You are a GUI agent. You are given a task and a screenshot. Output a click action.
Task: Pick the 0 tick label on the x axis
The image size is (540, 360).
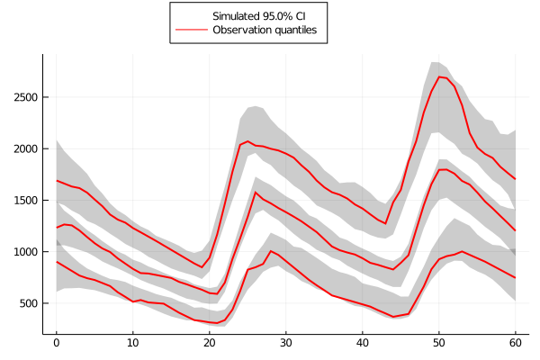pos(56,343)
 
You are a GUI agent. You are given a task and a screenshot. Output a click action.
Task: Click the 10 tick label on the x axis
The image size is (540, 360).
pos(132,343)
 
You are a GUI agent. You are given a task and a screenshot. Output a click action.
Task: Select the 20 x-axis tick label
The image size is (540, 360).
pos(209,343)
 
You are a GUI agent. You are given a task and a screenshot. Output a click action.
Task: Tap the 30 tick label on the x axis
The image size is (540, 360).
pos(285,343)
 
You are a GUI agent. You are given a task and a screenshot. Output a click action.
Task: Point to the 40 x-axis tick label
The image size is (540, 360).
pos(362,343)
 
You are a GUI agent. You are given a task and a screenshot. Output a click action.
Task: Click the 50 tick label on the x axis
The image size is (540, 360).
pos(438,343)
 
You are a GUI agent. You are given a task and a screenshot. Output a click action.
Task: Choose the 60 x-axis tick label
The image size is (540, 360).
pos(515,343)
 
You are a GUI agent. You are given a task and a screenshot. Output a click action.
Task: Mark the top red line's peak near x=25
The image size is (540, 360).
pos(247,141)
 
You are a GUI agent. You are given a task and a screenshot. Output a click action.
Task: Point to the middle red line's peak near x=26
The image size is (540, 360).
pos(256,192)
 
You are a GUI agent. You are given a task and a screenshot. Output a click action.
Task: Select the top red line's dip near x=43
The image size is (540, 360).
pos(385,223)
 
